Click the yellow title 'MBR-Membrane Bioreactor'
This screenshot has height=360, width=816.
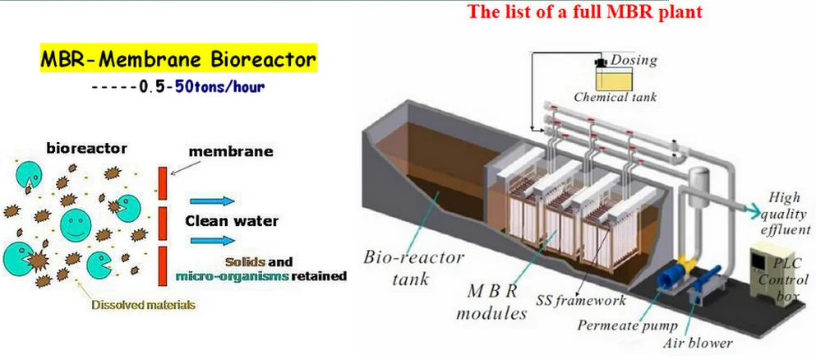pos(178,60)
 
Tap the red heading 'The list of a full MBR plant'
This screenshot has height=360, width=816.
pos(585,12)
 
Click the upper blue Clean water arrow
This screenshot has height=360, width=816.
pos(212,201)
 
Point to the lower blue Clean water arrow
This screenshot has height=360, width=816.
pos(212,240)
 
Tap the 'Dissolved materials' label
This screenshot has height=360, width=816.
pos(143,305)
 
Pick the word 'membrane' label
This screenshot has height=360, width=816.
pos(231,152)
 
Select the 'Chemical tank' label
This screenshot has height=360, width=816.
pos(615,97)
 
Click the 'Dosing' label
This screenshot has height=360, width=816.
pos(634,60)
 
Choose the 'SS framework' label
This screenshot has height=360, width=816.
pos(580,300)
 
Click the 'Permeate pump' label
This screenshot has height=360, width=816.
pos(628,325)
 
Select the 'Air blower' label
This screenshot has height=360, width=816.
pos(698,343)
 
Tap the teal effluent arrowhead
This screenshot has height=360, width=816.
pos(752,209)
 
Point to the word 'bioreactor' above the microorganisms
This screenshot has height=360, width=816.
pos(86,148)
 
